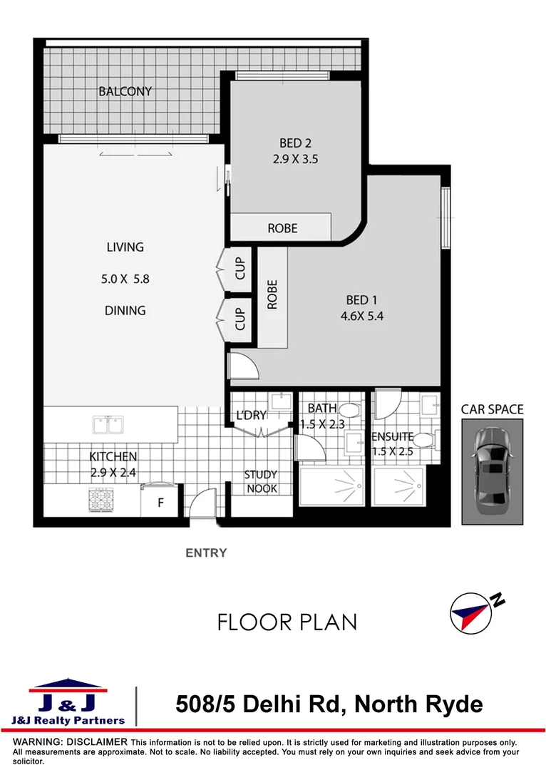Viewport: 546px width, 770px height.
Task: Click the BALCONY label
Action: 125,91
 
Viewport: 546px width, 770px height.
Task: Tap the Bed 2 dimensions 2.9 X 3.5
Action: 295,160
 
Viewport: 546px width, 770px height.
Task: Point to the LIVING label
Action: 125,247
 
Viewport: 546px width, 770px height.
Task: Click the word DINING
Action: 125,310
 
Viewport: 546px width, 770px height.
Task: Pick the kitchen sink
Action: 109,425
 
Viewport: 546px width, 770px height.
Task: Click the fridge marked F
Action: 160,502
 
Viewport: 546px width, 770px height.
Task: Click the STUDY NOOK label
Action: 260,481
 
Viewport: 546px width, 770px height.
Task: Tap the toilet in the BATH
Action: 349,411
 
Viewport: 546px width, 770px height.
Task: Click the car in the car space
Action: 491,471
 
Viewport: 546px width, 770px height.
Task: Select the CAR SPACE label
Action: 492,409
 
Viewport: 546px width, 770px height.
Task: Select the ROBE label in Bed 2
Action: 282,228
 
